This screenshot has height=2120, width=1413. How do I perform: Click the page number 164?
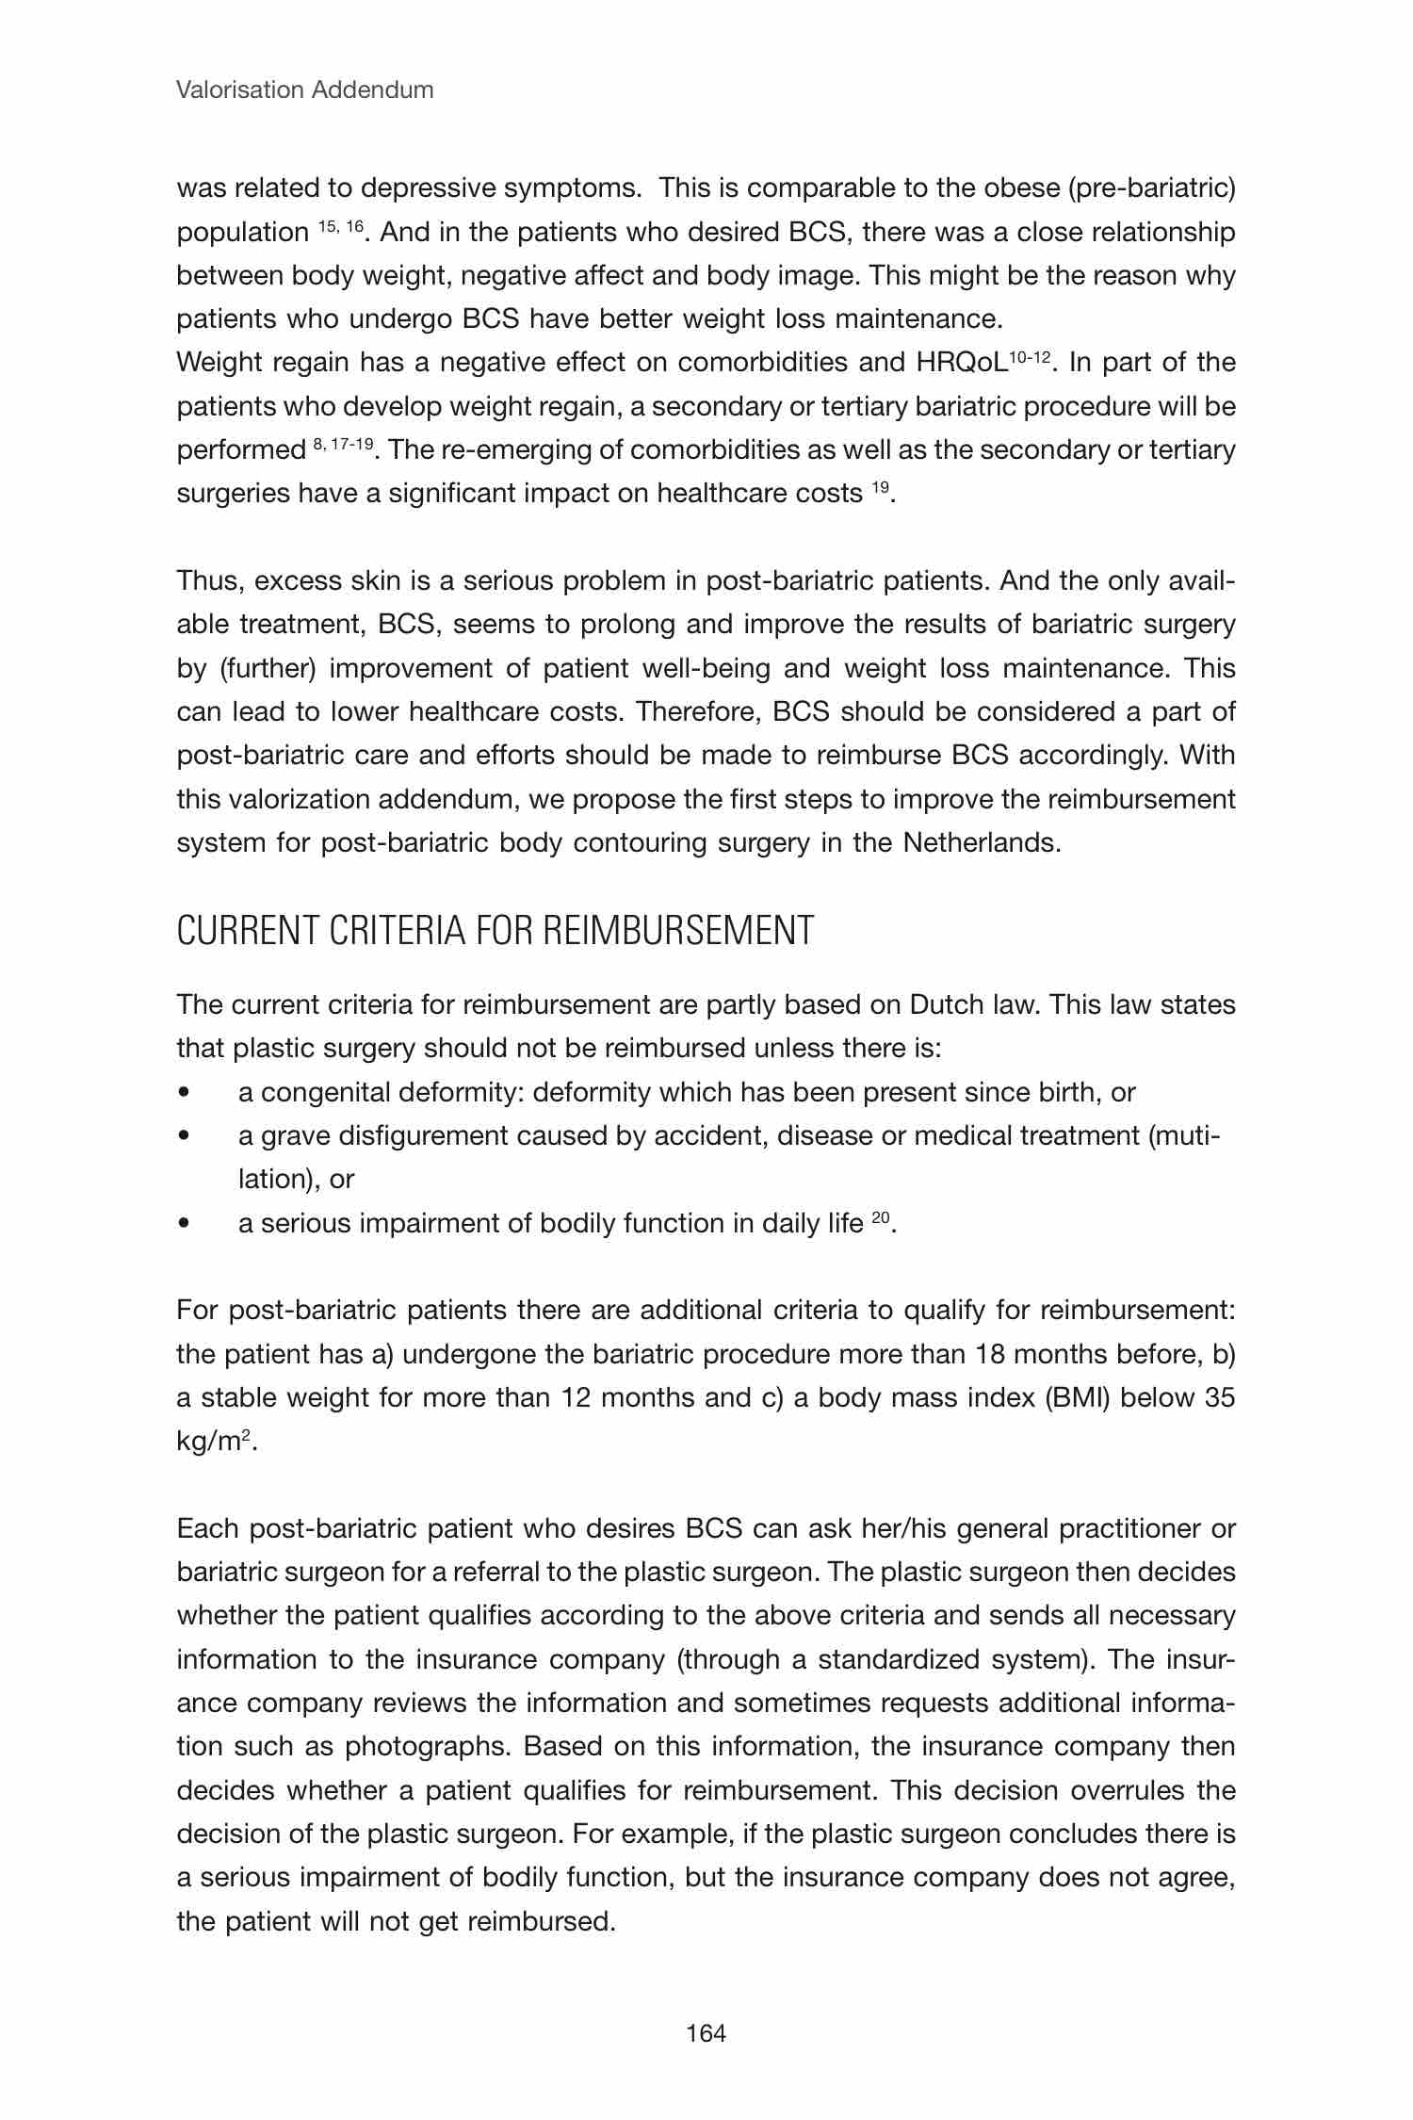pyautogui.click(x=706, y=2033)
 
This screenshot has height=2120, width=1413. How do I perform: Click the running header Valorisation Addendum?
pyautogui.click(x=305, y=90)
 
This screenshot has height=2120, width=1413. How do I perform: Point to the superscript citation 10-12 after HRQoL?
pyautogui.click(x=1029, y=356)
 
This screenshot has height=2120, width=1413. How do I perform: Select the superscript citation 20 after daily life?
pyautogui.click(x=880, y=1217)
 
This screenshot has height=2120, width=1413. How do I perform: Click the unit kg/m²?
pyautogui.click(x=215, y=1442)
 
